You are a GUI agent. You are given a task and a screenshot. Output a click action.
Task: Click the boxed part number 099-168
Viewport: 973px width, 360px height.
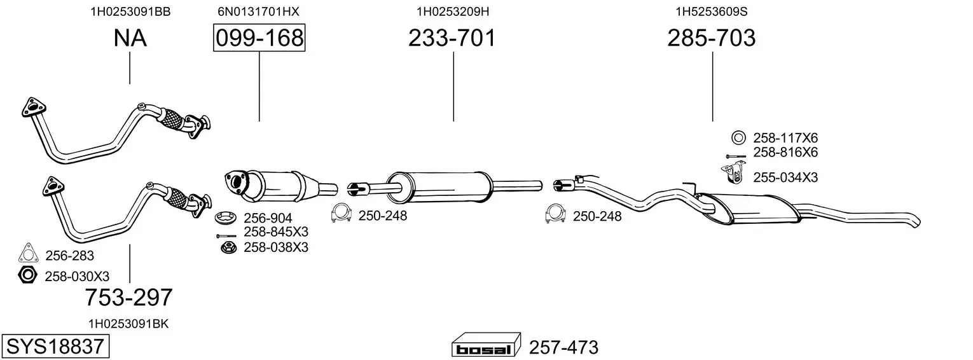[259, 38]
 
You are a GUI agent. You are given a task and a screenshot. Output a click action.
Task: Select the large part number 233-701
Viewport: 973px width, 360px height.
[452, 38]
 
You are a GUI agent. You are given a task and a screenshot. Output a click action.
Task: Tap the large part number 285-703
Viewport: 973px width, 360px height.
[712, 38]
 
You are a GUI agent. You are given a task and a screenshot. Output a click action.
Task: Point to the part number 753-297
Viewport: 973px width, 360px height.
[128, 298]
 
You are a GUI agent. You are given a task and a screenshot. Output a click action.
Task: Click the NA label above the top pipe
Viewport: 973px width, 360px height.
[130, 38]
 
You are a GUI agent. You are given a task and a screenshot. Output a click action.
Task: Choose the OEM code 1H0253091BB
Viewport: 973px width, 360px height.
[130, 11]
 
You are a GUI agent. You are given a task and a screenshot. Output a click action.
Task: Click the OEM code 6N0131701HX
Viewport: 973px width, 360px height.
[258, 11]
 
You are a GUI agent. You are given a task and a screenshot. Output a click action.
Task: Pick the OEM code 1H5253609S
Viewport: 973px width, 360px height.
[712, 11]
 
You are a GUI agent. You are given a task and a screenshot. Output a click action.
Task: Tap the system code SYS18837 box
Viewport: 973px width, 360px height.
[55, 347]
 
